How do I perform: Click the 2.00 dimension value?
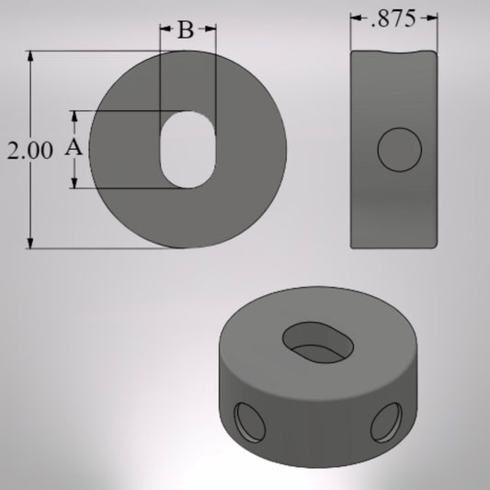(x=30, y=152)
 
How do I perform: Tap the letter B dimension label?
(x=186, y=31)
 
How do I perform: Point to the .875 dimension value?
(x=392, y=17)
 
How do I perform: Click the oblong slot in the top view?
(x=188, y=150)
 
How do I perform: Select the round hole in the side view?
(x=401, y=150)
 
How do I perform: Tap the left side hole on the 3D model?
(x=247, y=421)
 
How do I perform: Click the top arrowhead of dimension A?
(x=74, y=116)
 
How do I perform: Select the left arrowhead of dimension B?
(x=166, y=30)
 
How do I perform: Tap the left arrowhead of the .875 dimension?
(x=356, y=17)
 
